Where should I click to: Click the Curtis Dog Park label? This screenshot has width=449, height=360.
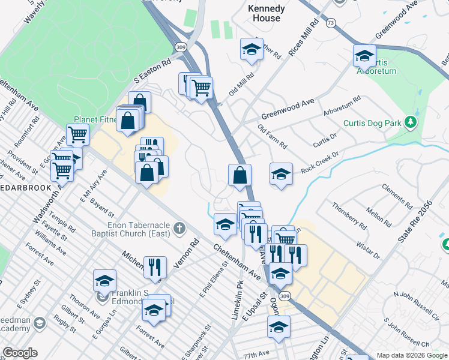tap(372, 124)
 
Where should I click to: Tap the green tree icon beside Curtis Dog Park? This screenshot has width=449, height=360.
tap(411, 123)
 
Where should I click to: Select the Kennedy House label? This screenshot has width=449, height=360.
tap(264, 13)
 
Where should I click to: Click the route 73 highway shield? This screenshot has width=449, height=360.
tap(331, 22)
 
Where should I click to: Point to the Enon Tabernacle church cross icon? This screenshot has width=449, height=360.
tap(178, 228)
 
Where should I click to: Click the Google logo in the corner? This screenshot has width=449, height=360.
tap(20, 353)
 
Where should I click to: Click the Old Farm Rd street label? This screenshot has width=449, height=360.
tap(272, 137)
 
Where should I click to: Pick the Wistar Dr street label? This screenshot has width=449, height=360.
tap(369, 248)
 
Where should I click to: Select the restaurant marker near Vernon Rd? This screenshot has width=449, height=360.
tap(155, 268)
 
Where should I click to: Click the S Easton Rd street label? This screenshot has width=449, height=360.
tap(153, 70)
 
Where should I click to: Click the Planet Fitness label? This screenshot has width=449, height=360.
tap(94, 119)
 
